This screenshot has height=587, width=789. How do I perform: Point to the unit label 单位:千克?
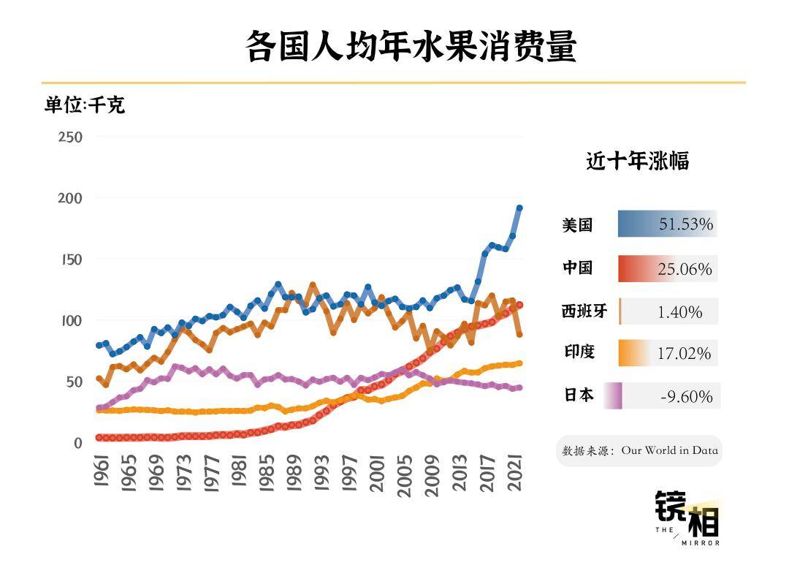tap(85, 105)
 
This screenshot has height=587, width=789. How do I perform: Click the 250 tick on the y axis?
tap(71, 137)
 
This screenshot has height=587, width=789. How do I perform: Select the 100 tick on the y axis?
tap(71, 321)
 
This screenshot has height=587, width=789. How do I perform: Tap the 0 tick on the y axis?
tap(77, 444)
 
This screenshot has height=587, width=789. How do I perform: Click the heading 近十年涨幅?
tap(637, 161)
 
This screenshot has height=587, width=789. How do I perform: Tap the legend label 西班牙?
tap(584, 311)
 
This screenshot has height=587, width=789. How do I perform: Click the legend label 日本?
tap(579, 395)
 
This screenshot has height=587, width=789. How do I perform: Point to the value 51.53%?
tap(685, 224)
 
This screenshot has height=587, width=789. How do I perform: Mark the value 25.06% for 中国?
tap(685, 270)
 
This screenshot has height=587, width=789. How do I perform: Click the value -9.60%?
tap(685, 397)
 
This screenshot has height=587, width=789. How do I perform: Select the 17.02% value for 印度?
tap(684, 354)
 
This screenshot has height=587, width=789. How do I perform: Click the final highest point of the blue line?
tap(519, 208)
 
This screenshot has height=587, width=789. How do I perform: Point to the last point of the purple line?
tap(519, 388)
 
